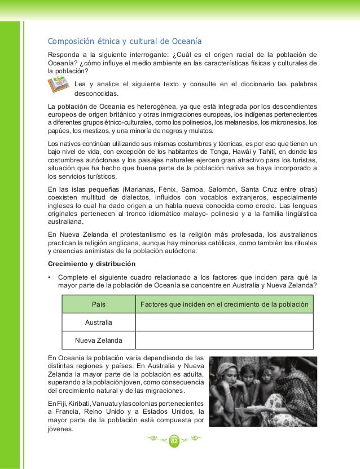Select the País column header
(x=99, y=304)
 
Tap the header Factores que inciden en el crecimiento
(x=224, y=304)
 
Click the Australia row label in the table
(x=98, y=322)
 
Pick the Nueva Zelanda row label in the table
(x=98, y=340)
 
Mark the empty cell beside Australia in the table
(x=224, y=322)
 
